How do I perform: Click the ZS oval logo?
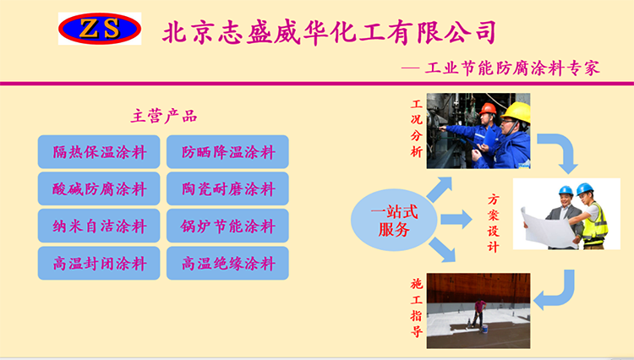[x=100, y=29]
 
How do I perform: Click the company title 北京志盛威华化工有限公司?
[x=329, y=32]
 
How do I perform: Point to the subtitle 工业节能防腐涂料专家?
[x=512, y=68]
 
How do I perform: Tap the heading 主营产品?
[x=164, y=117]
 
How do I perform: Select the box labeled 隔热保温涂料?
[x=99, y=152]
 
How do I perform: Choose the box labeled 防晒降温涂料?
[x=227, y=152]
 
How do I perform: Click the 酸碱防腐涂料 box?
[x=99, y=188]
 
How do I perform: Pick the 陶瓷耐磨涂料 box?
[x=227, y=188]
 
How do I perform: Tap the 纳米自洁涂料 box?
[x=99, y=226]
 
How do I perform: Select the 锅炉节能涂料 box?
[x=227, y=226]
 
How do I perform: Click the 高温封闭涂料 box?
[x=99, y=263]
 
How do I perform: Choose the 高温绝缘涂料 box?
[x=227, y=263]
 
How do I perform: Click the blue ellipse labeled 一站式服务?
[x=394, y=221]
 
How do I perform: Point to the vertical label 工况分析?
[x=417, y=128]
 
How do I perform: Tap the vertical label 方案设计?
[x=494, y=223]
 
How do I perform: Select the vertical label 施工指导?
[x=417, y=308]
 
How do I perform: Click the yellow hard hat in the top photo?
[x=516, y=112]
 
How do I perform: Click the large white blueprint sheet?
[x=548, y=229]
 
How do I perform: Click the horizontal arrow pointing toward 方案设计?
[x=456, y=220]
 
